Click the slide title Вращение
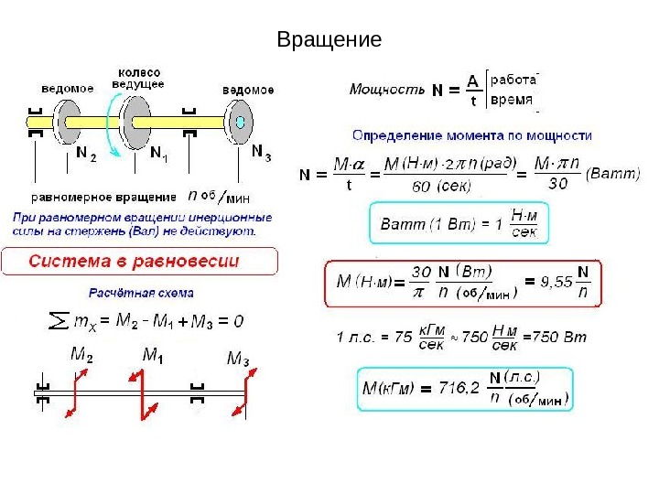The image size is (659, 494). click(329, 40)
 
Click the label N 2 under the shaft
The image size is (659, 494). click(86, 154)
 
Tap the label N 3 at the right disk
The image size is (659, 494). click(261, 151)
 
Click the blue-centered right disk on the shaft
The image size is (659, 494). click(240, 121)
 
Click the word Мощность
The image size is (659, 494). click(387, 90)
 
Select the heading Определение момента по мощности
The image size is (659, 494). click(471, 135)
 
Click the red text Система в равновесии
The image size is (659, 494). click(134, 262)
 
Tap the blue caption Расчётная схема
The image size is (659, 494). click(141, 294)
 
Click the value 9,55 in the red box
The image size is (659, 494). click(556, 281)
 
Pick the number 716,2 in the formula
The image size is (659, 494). click(459, 388)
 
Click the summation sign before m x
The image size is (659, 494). click(58, 322)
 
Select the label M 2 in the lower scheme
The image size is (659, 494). click(81, 354)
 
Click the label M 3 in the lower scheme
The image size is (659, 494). click(238, 357)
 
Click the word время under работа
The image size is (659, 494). click(513, 99)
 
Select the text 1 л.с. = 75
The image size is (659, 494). click(374, 337)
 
